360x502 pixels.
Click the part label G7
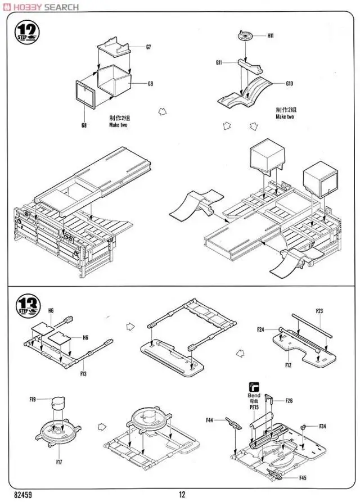click(148, 47)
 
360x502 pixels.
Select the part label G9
click(150, 84)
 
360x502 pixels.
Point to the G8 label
click(83, 125)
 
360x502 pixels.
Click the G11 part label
click(219, 63)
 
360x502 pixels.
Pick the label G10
click(290, 84)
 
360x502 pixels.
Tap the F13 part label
click(83, 373)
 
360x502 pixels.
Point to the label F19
click(33, 399)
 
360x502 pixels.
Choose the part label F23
click(319, 311)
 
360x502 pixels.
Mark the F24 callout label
click(261, 329)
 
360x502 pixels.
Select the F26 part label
click(289, 401)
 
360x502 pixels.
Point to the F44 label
click(210, 419)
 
